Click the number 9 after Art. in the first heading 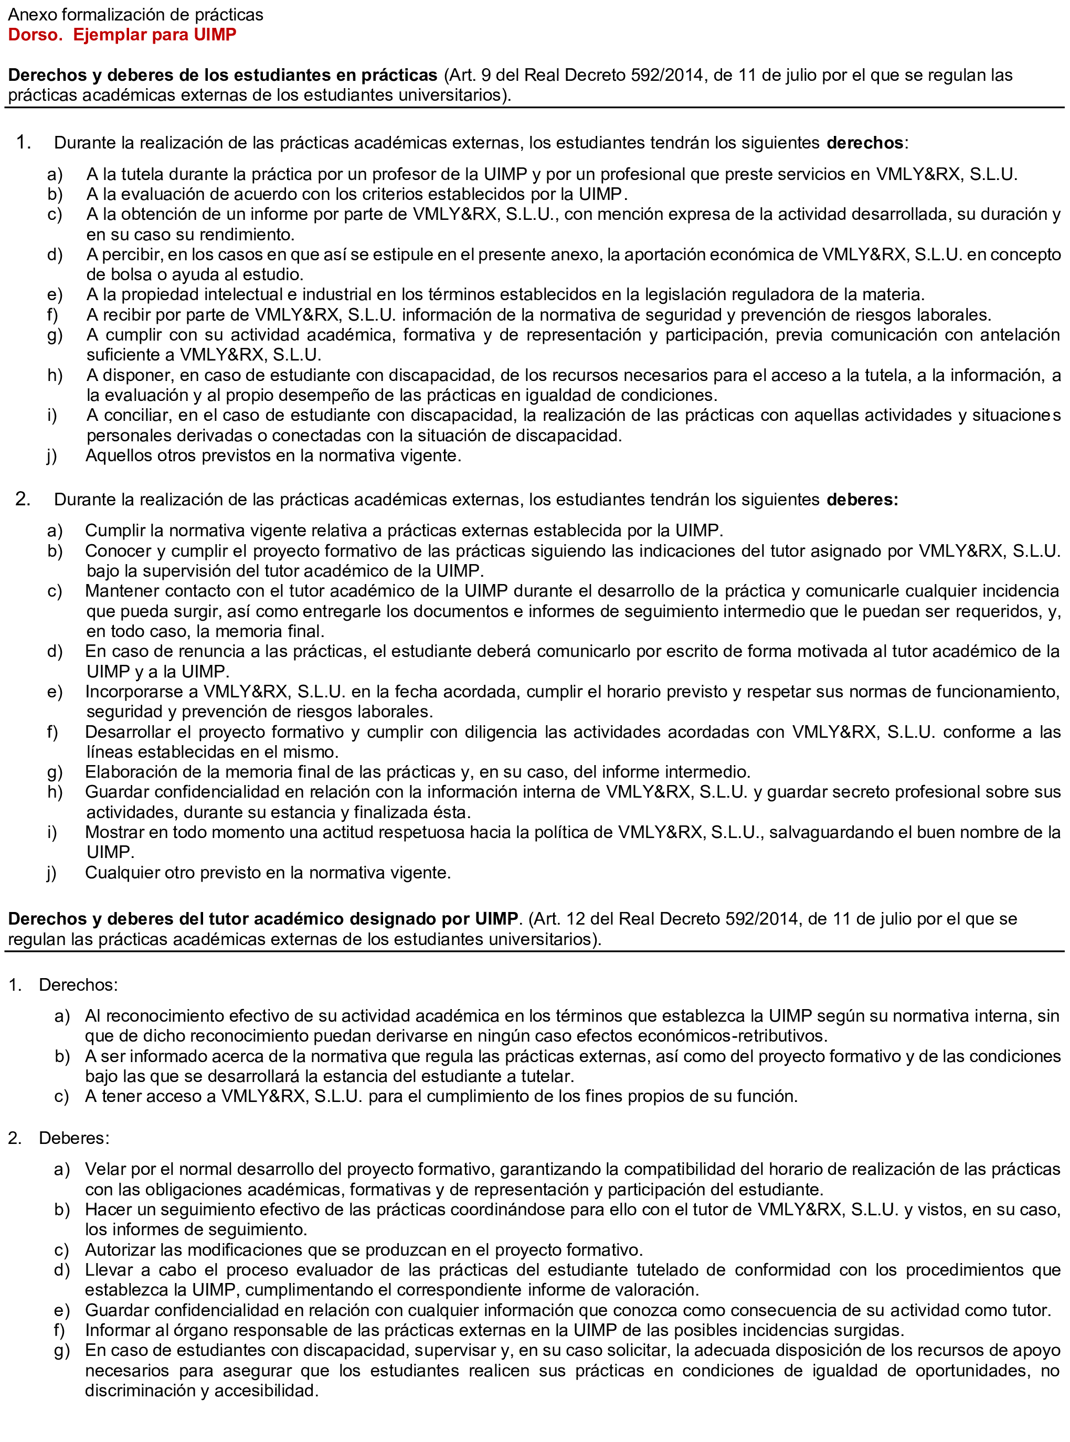click(x=486, y=75)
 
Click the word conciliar click(x=135, y=415)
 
